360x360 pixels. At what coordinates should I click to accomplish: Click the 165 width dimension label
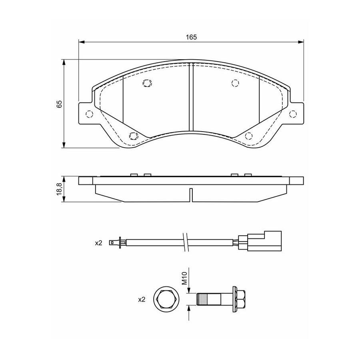(x=192, y=37)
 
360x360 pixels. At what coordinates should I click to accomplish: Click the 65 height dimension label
(x=59, y=104)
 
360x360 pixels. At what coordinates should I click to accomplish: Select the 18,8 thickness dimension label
(x=59, y=189)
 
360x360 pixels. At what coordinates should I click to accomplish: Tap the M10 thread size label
(x=185, y=278)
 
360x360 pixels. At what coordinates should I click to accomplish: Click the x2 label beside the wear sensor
(x=98, y=243)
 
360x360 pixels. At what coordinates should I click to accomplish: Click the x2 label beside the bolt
(x=142, y=299)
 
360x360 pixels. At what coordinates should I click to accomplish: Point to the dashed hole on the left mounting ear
(x=89, y=114)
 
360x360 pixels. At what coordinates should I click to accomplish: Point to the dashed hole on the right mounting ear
(x=293, y=114)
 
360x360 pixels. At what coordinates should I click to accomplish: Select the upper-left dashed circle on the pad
(x=147, y=83)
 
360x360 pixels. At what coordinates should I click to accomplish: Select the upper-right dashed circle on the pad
(x=235, y=83)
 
